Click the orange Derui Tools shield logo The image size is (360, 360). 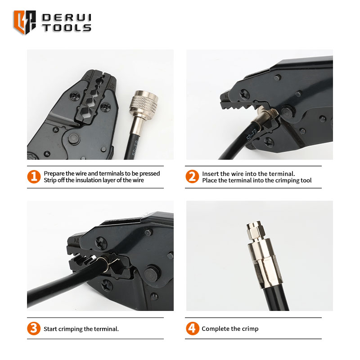pos(25,22)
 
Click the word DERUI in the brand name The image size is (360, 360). pos(67,18)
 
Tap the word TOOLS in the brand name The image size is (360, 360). pos(67,27)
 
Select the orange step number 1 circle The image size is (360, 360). pos(34,176)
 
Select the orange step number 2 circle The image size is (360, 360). pos(192,176)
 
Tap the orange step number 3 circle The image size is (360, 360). pos(34,328)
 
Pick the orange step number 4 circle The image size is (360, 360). pos(193,328)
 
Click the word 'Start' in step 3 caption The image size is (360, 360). pos(50,329)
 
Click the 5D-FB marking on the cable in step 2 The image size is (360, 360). pos(251,135)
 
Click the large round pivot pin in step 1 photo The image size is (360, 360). pos(74,139)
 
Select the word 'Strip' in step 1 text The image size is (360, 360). pos(50,180)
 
